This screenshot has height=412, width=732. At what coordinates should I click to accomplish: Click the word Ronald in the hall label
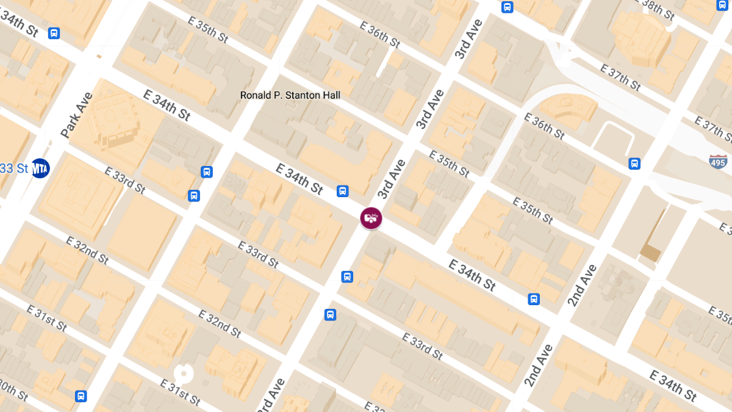point(255,95)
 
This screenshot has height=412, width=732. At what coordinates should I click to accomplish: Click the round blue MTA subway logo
point(40,168)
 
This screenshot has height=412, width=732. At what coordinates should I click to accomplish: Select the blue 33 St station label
point(13,168)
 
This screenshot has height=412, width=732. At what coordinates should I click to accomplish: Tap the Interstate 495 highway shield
point(719,161)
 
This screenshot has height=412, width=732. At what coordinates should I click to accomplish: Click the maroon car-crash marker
point(371,218)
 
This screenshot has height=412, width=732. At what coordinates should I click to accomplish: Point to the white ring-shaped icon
point(182,373)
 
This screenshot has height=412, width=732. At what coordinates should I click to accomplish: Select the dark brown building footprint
point(650,252)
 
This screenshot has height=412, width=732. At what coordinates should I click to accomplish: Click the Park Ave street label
point(77,114)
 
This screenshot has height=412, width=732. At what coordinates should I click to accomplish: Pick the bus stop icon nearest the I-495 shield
point(634,164)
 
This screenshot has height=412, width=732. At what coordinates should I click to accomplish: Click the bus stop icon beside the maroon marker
point(343,191)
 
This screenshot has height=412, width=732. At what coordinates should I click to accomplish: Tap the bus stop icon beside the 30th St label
point(81,396)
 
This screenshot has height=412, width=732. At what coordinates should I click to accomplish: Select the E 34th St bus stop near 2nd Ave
point(534,299)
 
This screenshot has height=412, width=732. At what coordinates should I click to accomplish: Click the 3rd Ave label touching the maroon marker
point(392,179)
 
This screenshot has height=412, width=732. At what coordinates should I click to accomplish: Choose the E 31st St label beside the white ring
point(180,392)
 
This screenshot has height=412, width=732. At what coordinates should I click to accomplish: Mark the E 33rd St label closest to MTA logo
point(125,181)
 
